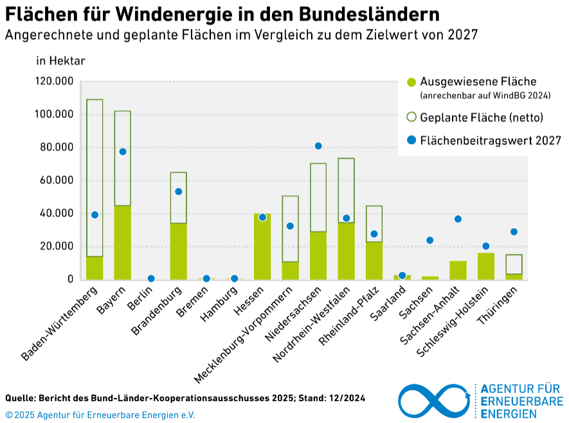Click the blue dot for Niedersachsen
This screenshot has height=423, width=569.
(318, 146)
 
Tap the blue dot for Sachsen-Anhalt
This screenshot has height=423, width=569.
(458, 219)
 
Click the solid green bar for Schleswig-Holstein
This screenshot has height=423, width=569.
(486, 266)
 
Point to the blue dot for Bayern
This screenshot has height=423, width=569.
(123, 152)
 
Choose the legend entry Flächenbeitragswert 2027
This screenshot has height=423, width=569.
(491, 140)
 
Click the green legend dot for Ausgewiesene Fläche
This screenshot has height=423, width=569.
(411, 82)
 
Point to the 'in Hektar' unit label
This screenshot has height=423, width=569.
(60, 61)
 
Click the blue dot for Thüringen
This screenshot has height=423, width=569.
(514, 232)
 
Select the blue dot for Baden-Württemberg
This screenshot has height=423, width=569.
(95, 215)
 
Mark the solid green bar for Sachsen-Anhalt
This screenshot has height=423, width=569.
(458, 270)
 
